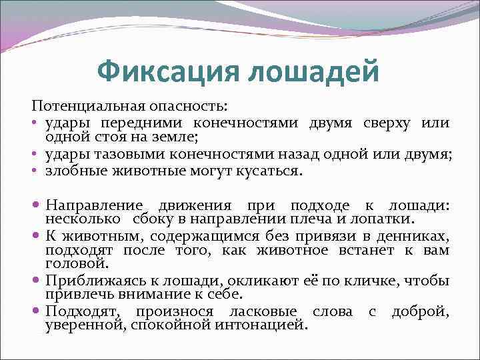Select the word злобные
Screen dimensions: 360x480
[x=73, y=171]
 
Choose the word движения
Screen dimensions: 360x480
[x=193, y=205]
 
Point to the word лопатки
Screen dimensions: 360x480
[x=389, y=218]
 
